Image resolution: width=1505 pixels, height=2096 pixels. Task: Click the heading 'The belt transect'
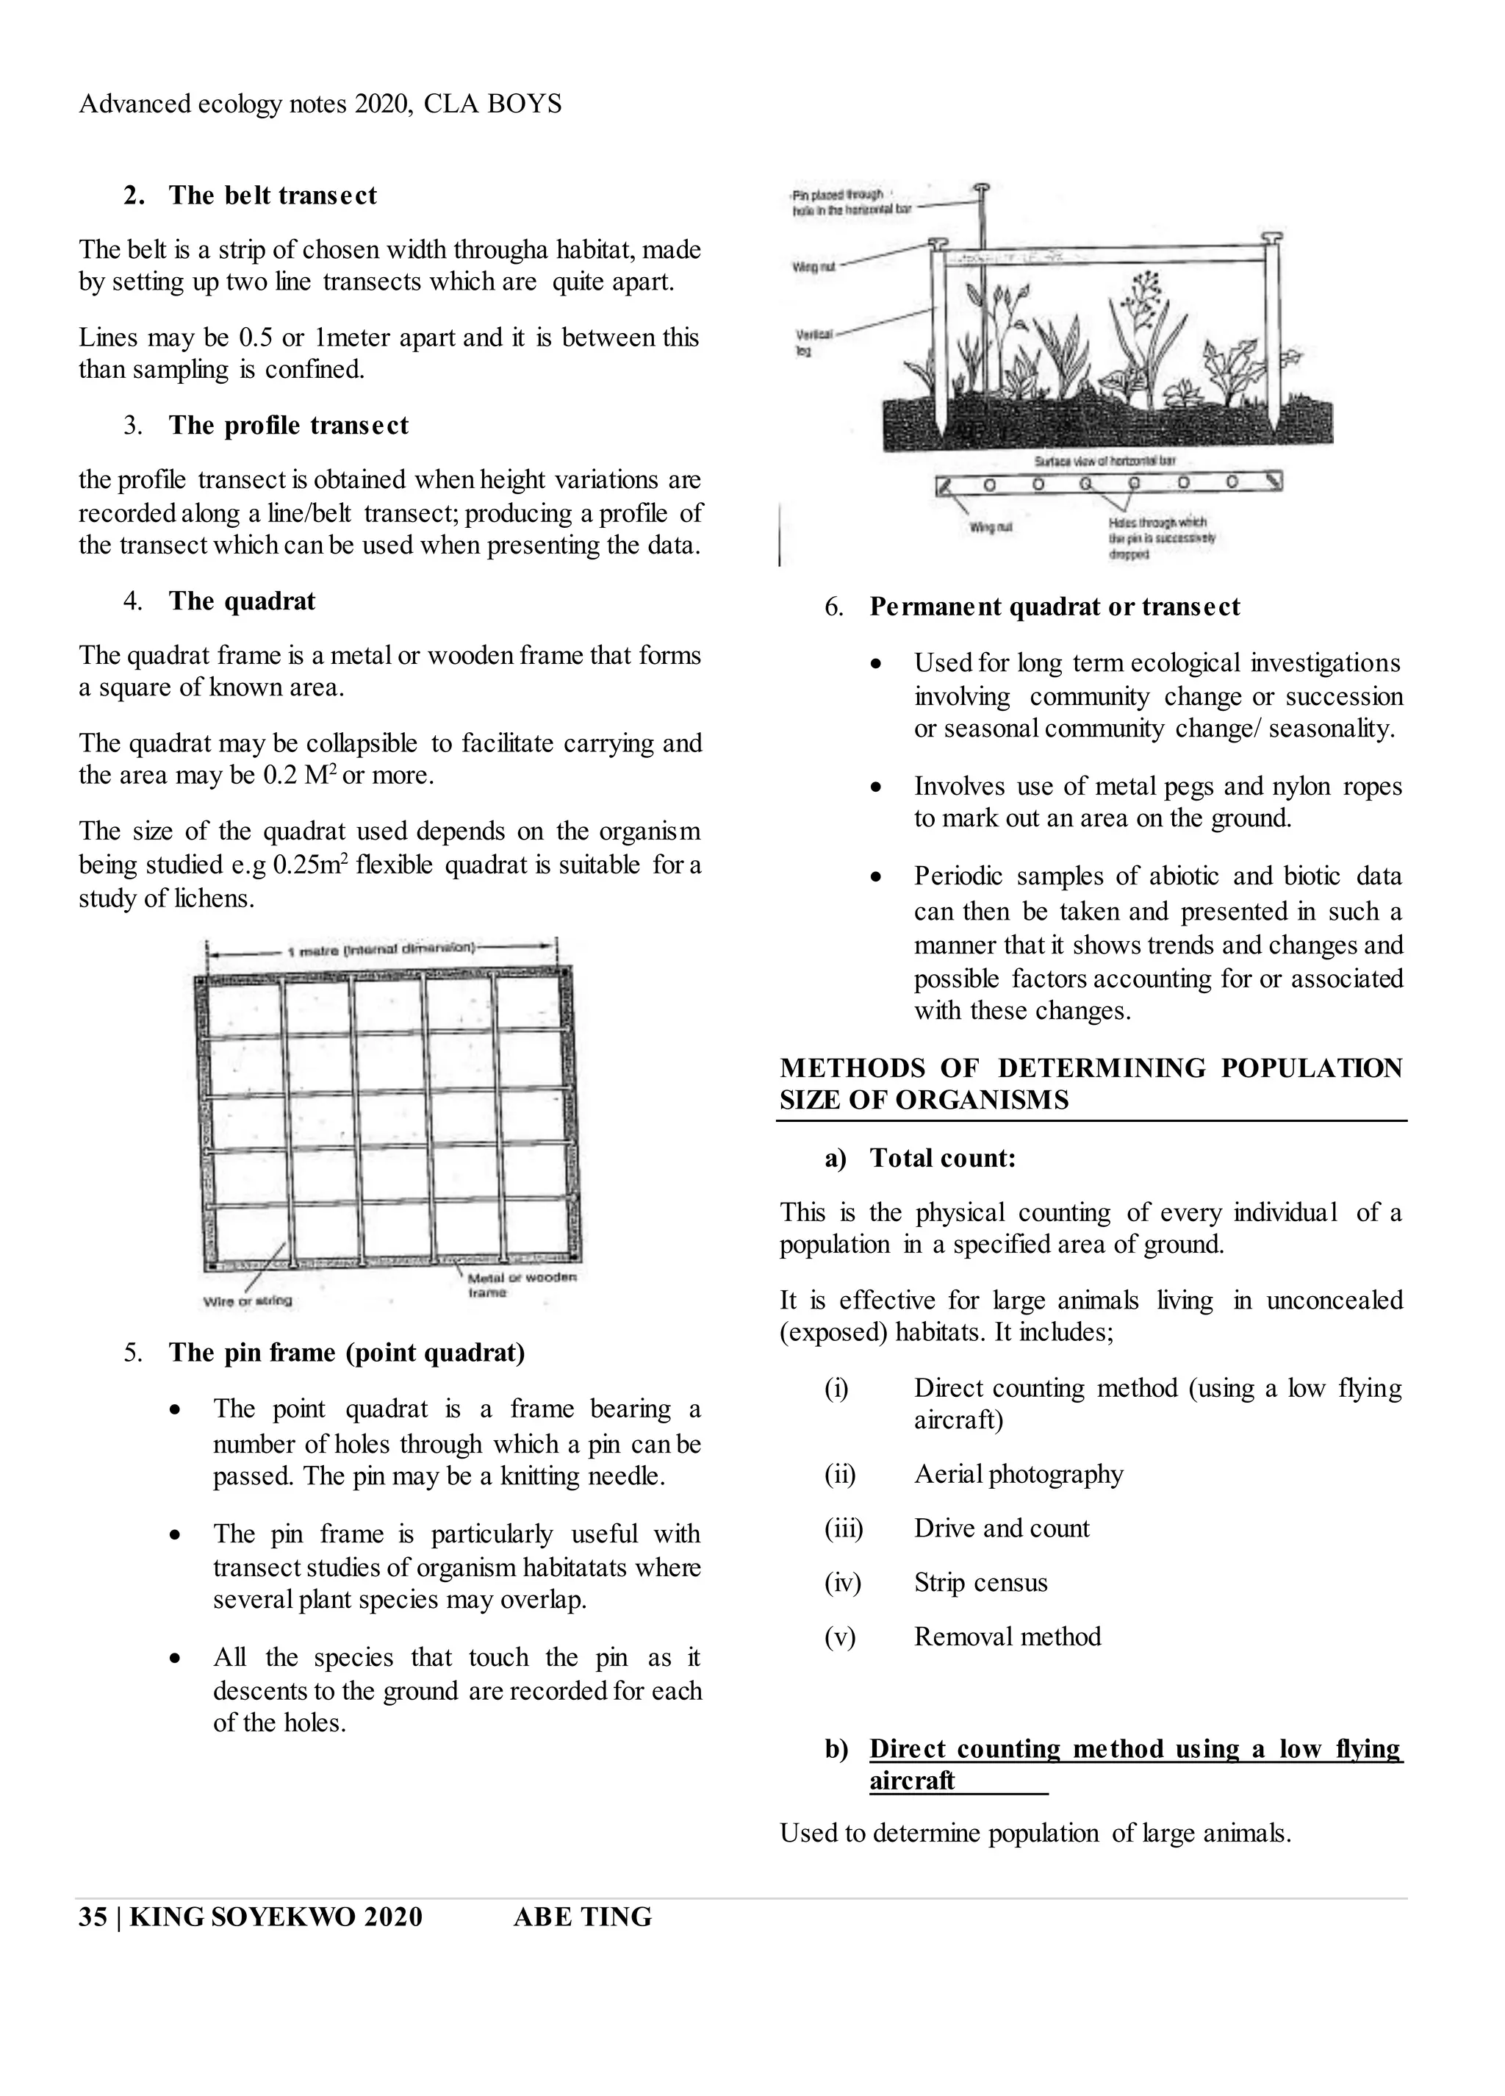[x=273, y=196]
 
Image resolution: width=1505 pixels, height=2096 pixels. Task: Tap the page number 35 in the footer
[x=93, y=1917]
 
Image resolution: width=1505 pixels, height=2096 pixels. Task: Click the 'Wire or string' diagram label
[x=247, y=1301]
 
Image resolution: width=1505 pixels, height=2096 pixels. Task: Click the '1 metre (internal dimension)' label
[x=381, y=949]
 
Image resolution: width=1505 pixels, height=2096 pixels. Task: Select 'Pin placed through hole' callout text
[x=850, y=202]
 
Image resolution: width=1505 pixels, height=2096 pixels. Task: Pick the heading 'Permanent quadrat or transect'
[x=1054, y=607]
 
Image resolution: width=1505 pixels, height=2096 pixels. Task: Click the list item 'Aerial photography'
[x=1018, y=1474]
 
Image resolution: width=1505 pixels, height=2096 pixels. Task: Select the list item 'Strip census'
[x=980, y=1583]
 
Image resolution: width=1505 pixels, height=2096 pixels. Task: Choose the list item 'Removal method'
[x=1007, y=1637]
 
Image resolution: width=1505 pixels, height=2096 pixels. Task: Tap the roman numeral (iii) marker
[x=843, y=1528]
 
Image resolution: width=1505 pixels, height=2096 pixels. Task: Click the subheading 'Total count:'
[x=942, y=1159]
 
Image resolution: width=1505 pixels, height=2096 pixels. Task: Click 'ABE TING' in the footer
[x=582, y=1917]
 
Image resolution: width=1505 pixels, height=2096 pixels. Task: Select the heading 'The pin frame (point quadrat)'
[x=346, y=1353]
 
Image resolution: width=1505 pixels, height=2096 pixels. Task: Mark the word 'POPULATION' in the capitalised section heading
[x=1311, y=1068]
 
